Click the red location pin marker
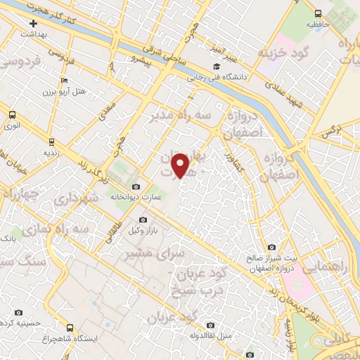(181, 165)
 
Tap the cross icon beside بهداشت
(34, 23)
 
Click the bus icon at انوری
(11, 115)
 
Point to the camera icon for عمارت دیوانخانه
(136, 187)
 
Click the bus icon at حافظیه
(318, 13)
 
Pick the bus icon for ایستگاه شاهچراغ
(69, 327)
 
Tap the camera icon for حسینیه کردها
(19, 312)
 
